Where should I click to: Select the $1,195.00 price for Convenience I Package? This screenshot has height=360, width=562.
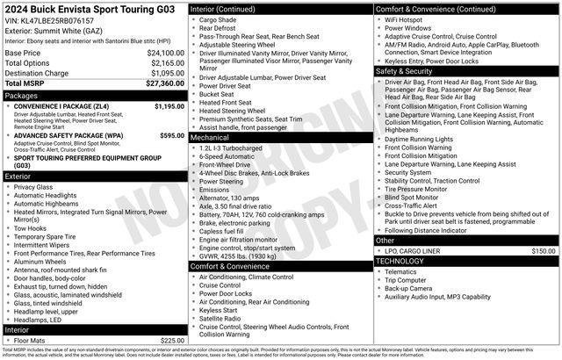(x=169, y=106)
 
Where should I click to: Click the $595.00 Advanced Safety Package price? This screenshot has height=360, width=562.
(x=172, y=136)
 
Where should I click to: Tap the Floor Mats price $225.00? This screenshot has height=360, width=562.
(x=172, y=341)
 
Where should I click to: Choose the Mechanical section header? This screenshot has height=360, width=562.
(x=210, y=138)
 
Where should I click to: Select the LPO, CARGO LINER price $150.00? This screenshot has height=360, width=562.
(x=544, y=250)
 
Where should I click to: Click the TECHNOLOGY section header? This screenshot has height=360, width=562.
(x=407, y=261)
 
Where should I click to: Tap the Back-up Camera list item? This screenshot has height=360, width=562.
(x=407, y=288)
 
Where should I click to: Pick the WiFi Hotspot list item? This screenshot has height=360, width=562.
(x=408, y=18)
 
